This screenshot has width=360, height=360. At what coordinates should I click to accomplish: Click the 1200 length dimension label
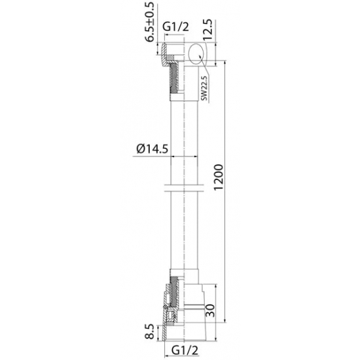pos(218,177)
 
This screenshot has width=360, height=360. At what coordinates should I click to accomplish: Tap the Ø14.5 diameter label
pos(153,149)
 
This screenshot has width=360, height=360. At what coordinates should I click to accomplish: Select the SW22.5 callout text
pos(204,88)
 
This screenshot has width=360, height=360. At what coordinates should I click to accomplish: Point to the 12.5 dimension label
pos(208,31)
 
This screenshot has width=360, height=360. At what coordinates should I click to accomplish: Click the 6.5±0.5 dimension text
pos(150,22)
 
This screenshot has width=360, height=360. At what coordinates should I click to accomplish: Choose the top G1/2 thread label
pos(176,27)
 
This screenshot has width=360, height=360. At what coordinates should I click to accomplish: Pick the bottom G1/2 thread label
pos(185,351)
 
